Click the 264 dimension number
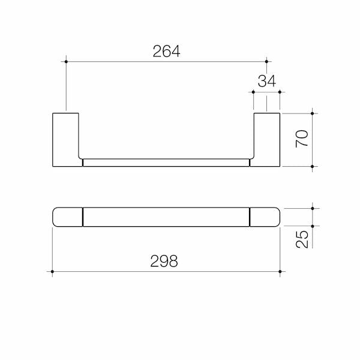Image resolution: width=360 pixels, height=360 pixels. (x=166, y=51)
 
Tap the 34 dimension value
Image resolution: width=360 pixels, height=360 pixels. (x=266, y=81)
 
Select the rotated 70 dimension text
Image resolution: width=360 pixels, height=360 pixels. (x=302, y=139)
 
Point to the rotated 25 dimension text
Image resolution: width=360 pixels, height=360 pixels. (x=302, y=239)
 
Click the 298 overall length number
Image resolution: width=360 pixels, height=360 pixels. (x=164, y=261)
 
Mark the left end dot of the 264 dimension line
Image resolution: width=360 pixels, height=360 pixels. (x=66, y=62)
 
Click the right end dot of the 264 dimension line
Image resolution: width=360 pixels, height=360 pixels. (x=266, y=62)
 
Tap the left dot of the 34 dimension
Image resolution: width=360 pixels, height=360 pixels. (x=253, y=92)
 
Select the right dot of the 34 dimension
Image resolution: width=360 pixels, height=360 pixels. (x=280, y=92)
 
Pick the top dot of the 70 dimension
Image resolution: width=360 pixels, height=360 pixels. (x=312, y=113)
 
